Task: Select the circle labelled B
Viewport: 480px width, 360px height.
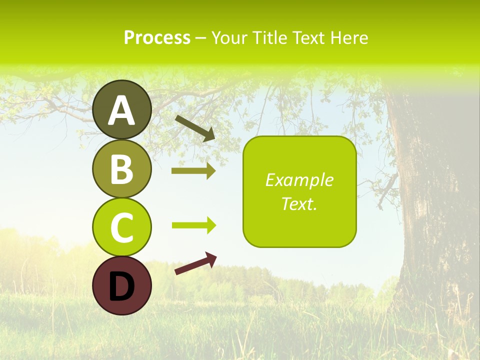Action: click(x=121, y=168)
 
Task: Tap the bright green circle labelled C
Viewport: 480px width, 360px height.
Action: click(x=121, y=226)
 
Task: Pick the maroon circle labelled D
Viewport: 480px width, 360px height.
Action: click(x=121, y=285)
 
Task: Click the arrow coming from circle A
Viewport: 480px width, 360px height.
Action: click(x=195, y=127)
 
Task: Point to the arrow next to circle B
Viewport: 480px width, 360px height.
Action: click(x=193, y=171)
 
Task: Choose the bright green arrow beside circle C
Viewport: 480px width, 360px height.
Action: click(x=193, y=225)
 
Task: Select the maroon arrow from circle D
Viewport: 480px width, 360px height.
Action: click(x=195, y=263)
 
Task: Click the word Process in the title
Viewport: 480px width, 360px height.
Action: click(x=157, y=38)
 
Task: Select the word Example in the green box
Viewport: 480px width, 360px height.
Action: click(x=299, y=180)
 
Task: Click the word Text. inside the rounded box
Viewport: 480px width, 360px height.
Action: click(x=299, y=203)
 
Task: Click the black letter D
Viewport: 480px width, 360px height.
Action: click(x=121, y=286)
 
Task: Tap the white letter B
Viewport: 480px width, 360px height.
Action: click(x=121, y=169)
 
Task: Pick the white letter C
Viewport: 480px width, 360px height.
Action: click(x=121, y=227)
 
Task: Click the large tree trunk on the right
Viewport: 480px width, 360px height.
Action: click(x=430, y=200)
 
